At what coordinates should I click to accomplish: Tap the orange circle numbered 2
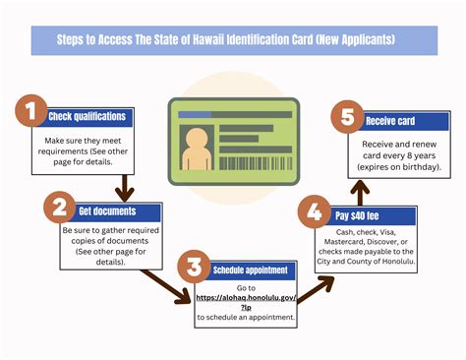[60, 209]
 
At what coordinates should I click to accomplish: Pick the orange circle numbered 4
[313, 211]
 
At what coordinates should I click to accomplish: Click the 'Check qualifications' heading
[88, 116]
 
